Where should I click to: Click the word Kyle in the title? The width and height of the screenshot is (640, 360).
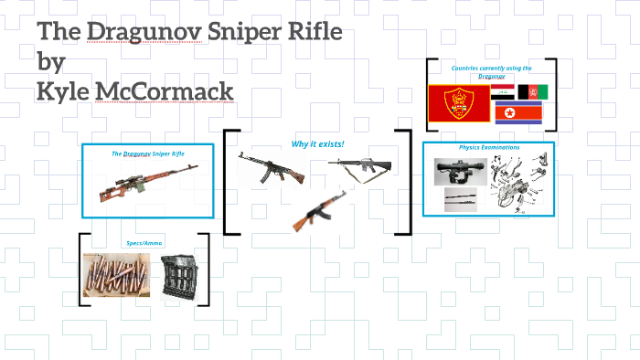point(65,91)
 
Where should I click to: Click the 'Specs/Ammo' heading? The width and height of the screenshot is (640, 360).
point(144,243)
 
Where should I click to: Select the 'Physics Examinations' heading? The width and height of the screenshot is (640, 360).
point(488,147)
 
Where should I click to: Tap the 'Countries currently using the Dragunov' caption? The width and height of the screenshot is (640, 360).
point(491,71)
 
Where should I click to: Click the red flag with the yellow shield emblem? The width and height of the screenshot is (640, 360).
point(457,103)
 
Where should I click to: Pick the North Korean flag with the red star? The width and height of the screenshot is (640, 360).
point(517,113)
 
